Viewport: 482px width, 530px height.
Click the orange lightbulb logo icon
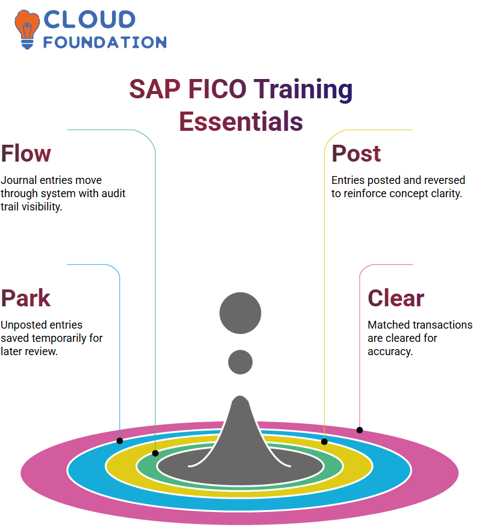27,30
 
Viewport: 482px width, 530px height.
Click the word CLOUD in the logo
90,19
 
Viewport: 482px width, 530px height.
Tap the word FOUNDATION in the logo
105,42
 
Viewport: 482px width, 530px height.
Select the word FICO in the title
217,89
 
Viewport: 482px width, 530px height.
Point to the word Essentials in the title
241,121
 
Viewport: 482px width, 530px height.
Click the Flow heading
26,154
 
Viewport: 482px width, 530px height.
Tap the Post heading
356,154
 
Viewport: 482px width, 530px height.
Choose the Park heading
26,298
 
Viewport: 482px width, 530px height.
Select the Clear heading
396,298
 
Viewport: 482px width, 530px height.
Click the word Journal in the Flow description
19,180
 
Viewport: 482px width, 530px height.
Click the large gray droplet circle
240,313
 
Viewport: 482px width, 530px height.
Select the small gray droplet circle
240,362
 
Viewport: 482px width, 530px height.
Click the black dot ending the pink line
360,431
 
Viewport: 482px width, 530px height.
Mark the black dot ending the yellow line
324,442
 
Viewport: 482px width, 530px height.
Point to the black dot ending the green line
155,453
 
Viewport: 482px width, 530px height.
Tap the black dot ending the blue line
119,441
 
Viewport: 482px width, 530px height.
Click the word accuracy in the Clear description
390,352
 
